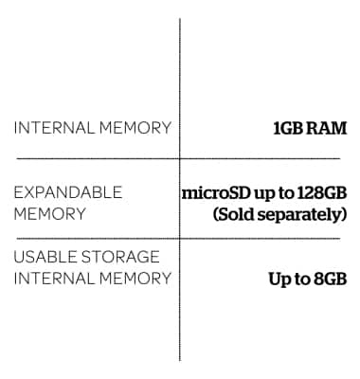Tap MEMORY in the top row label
(134, 128)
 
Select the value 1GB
(290, 128)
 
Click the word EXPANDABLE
(67, 192)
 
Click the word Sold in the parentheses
(238, 213)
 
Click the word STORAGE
(122, 257)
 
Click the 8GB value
(328, 279)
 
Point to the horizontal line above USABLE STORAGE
(95, 238)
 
